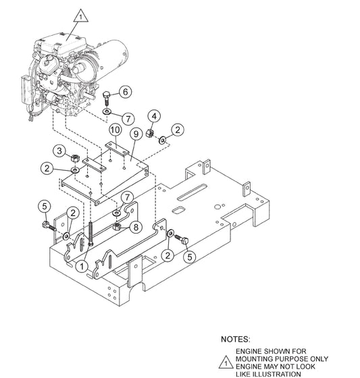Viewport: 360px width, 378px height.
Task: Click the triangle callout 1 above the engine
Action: tap(81, 16)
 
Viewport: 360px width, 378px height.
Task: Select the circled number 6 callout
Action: tap(125, 92)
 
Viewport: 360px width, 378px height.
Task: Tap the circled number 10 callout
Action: tap(115, 130)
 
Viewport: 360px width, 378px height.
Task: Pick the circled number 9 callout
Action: tap(136, 134)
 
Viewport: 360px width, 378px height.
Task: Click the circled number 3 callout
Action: tap(59, 151)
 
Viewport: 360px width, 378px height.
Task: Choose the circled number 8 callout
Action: tap(136, 227)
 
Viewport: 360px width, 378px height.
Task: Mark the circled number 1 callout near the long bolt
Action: tap(82, 267)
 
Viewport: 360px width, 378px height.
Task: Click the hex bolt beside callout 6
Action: tap(107, 98)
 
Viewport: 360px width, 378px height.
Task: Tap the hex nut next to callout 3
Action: tap(75, 159)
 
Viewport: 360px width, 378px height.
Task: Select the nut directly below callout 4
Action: tap(151, 133)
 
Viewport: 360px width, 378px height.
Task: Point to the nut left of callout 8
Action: tap(117, 226)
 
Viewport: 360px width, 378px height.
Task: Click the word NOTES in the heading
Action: tap(236, 340)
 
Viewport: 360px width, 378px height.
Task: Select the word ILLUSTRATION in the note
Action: tap(268, 374)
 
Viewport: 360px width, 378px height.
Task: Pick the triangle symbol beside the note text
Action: tap(226, 362)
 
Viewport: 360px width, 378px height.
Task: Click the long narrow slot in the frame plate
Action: tap(192, 192)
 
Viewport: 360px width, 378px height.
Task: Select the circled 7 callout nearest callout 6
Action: tap(128, 119)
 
